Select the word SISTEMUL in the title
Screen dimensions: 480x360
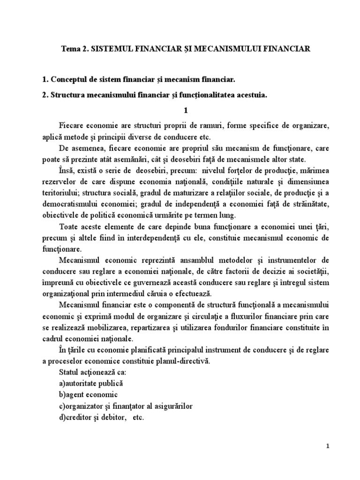108,49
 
